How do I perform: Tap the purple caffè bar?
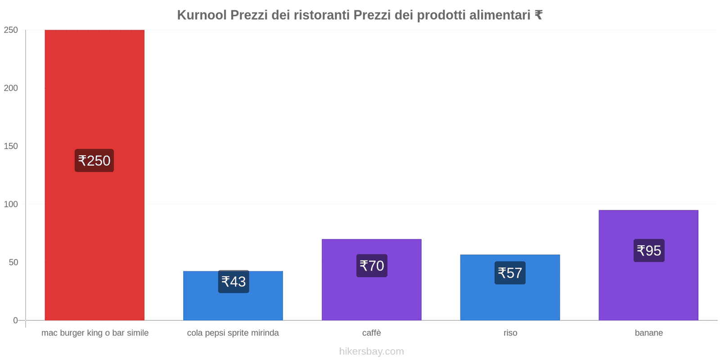click(371, 297)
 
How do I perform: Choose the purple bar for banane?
click(648, 288)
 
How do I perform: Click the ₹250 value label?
click(94, 161)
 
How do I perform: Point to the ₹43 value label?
click(234, 282)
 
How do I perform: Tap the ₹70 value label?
click(372, 266)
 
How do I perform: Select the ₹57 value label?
click(510, 273)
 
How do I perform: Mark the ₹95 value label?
click(649, 251)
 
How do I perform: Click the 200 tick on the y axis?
click(11, 88)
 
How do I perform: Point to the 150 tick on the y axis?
click(11, 146)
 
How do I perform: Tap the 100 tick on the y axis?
click(11, 204)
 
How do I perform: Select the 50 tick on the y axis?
click(13, 262)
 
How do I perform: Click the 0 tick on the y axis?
click(16, 320)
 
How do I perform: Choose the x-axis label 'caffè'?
click(371, 333)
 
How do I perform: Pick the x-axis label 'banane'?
click(648, 333)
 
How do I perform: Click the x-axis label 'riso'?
click(510, 333)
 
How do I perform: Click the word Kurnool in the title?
click(202, 15)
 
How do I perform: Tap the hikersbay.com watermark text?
click(371, 351)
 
